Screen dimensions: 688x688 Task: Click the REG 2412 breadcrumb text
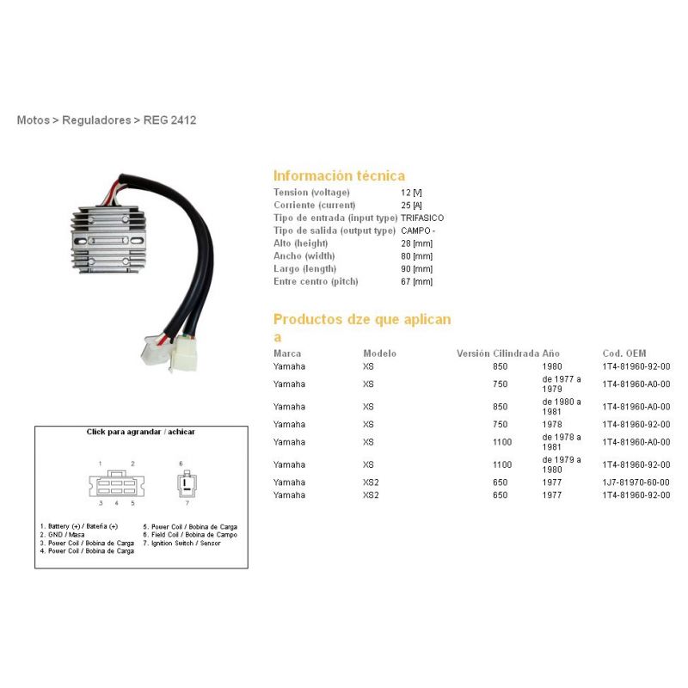[169, 120]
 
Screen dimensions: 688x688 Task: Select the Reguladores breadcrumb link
[96, 120]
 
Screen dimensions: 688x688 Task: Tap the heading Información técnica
[339, 175]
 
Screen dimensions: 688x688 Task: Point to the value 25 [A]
[411, 206]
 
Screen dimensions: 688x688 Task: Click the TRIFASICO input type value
[422, 218]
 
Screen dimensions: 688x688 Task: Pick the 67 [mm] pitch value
[416, 282]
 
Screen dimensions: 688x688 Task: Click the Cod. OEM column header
[624, 353]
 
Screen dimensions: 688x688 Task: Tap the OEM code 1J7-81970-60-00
[636, 482]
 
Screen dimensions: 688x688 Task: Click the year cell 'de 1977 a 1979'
[562, 384]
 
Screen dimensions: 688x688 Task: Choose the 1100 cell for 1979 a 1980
[502, 464]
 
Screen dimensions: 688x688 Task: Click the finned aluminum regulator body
[108, 240]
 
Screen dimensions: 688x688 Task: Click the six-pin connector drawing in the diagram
[117, 484]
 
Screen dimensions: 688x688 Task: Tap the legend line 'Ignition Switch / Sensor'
[181, 544]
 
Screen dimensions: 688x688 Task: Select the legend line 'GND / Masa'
[62, 535]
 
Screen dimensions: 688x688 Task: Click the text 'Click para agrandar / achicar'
[140, 432]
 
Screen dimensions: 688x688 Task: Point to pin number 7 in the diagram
[187, 503]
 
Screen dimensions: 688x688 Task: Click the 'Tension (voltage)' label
[311, 193]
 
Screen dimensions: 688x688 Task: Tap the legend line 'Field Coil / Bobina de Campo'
[190, 535]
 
